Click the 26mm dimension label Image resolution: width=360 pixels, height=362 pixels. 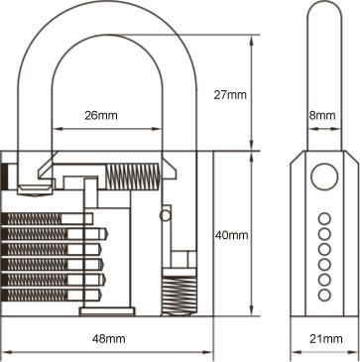[x=101, y=116]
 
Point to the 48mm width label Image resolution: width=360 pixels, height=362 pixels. [x=108, y=339]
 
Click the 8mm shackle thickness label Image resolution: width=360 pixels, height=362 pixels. [x=322, y=116]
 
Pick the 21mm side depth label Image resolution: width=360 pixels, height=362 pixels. [x=322, y=339]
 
